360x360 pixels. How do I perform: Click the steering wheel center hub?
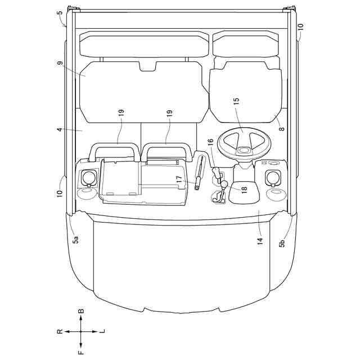click(244, 150)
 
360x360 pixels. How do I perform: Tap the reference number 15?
click(236, 101)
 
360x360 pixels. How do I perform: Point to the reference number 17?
click(179, 179)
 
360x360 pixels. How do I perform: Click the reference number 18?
click(244, 188)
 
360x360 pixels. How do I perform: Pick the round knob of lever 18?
click(224, 184)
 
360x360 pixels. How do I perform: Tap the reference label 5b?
click(282, 242)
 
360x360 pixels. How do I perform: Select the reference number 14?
click(260, 241)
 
